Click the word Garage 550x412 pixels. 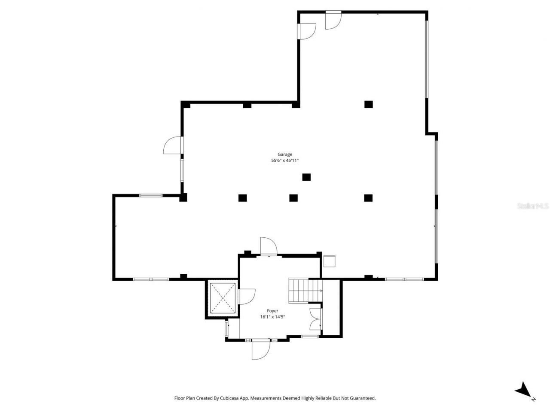tap(284, 154)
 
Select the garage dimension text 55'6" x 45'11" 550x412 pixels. tap(284, 161)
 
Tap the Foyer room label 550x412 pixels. tap(272, 311)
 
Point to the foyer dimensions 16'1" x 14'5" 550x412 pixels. tap(272, 317)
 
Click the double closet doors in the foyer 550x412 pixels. tap(315, 319)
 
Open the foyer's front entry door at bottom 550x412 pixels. tap(260, 348)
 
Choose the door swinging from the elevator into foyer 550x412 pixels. tap(246, 296)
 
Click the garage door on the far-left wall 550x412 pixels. tap(173, 145)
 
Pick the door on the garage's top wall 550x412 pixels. tap(333, 20)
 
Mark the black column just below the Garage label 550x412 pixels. tap(306, 177)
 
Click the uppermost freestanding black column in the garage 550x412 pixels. tap(368, 104)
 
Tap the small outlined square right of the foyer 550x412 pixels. tap(329, 261)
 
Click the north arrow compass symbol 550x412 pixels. tap(524, 390)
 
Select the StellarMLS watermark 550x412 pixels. tap(532, 206)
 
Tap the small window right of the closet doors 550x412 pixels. tap(309, 336)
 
